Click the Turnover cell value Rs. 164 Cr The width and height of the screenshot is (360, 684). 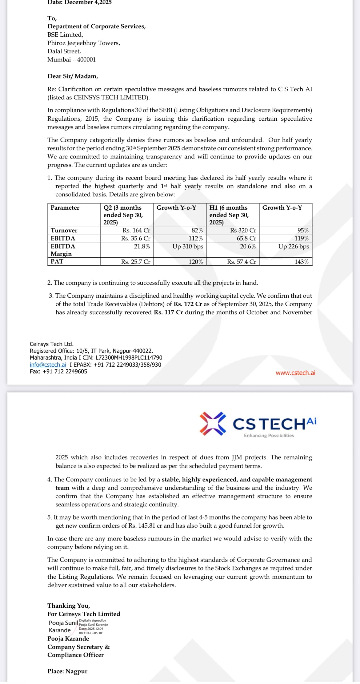click(x=136, y=230)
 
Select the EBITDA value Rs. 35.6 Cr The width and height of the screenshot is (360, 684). click(x=135, y=238)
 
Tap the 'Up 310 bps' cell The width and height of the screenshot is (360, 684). click(x=188, y=246)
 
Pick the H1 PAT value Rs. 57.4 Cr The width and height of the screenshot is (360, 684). click(x=242, y=262)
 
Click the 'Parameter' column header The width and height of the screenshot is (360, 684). click(x=65, y=208)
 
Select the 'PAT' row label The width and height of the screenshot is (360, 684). click(x=57, y=261)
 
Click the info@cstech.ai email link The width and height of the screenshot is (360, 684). click(x=48, y=365)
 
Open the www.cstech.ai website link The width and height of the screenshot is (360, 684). click(x=295, y=373)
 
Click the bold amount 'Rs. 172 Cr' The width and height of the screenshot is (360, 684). click(x=188, y=304)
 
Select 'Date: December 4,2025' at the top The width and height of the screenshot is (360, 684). click(x=79, y=2)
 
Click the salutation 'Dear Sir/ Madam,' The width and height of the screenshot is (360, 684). click(x=73, y=76)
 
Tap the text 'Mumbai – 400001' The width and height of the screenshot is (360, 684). click(x=71, y=60)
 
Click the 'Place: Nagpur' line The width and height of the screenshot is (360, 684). click(x=67, y=671)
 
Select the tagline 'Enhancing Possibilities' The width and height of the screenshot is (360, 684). click(x=269, y=436)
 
